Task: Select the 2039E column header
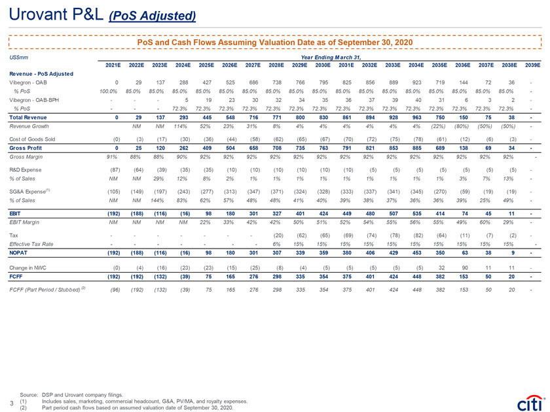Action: click(x=532, y=65)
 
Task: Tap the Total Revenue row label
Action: click(x=29, y=116)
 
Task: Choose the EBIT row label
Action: click(x=16, y=213)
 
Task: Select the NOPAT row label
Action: click(x=20, y=250)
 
